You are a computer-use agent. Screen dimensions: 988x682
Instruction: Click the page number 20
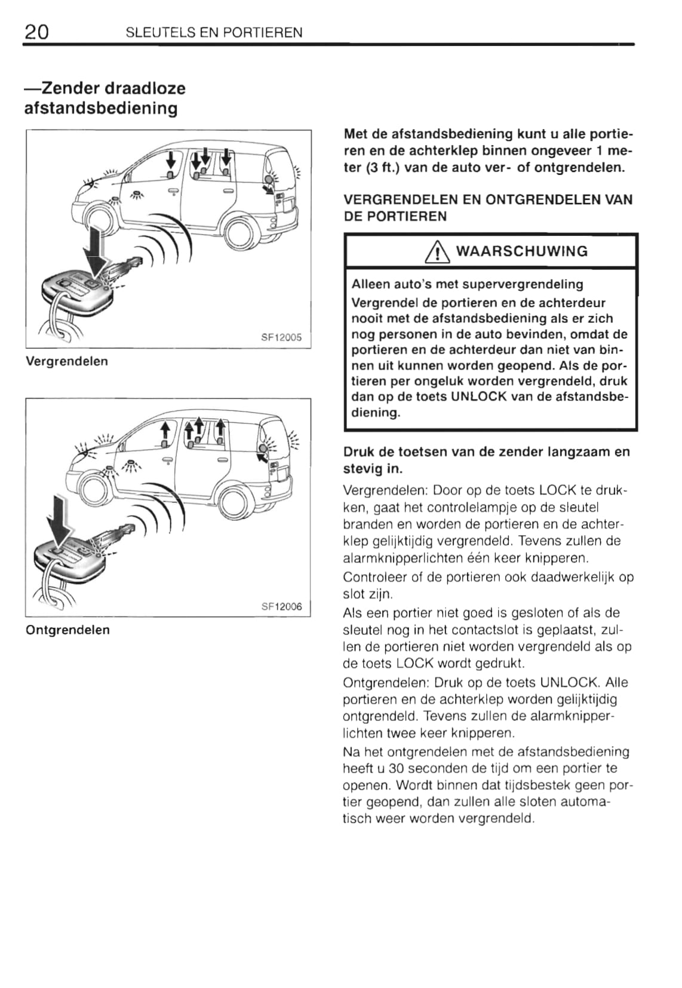(x=36, y=31)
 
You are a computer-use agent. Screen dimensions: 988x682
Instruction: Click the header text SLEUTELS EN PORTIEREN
(x=214, y=32)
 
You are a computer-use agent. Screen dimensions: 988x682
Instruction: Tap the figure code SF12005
(x=281, y=337)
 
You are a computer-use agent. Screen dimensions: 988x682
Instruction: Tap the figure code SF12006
(x=281, y=606)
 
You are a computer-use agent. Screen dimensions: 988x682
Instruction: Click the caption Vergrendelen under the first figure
(x=67, y=361)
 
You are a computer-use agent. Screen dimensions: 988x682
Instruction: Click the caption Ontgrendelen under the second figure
(x=67, y=630)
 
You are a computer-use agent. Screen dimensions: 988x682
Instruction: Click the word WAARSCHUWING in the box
(x=521, y=251)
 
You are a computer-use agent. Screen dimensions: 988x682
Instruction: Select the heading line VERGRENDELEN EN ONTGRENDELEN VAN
(x=488, y=200)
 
